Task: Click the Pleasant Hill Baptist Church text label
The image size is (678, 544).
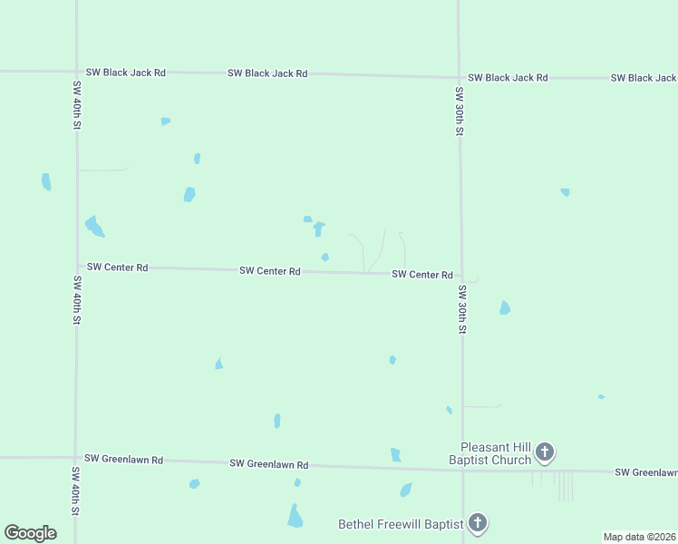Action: (496, 453)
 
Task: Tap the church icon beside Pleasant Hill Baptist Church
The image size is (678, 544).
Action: (544, 452)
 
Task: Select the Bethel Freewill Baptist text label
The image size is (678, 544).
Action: (400, 524)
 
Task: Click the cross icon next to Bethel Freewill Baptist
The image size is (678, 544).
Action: (478, 523)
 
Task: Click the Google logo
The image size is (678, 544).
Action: (30, 533)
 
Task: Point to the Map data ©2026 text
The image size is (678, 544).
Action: (639, 537)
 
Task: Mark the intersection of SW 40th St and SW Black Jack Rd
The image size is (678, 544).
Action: (76, 72)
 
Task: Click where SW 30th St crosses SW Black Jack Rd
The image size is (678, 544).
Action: (459, 77)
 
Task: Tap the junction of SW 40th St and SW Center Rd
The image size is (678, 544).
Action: (76, 267)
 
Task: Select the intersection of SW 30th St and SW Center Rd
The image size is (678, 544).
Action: (460, 275)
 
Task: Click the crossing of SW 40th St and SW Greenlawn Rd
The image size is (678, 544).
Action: (75, 459)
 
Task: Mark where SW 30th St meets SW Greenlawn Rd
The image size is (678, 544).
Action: (462, 470)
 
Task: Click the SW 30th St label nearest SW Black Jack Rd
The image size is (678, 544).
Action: (460, 112)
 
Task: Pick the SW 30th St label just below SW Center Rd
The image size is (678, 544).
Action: (461, 310)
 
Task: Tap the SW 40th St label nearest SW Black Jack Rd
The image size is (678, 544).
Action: (76, 104)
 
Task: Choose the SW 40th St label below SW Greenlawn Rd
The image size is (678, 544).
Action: (75, 491)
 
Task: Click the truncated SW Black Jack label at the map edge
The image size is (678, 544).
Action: (644, 78)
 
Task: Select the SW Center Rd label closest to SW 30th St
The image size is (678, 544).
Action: (422, 274)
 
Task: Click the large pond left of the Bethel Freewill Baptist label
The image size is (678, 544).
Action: (295, 516)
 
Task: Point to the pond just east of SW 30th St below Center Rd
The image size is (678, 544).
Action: (505, 308)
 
